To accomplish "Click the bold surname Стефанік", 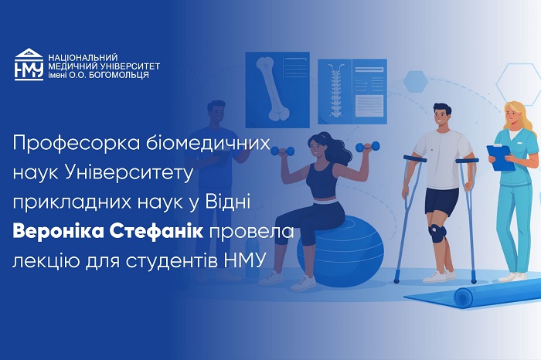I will [x=162, y=232].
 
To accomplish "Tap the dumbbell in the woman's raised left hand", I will [x=367, y=146].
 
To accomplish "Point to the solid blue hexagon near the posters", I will [x=416, y=80].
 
